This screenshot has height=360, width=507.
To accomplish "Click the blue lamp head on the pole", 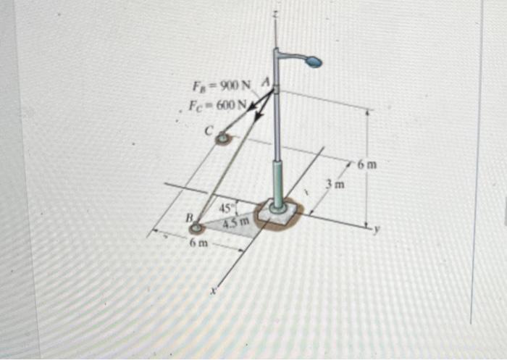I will pos(314,62).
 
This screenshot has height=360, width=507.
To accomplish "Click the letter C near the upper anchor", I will pos(207,131).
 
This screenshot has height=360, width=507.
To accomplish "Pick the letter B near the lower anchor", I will pos(188,217).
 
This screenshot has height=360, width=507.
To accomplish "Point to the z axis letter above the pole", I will pos(276,14).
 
